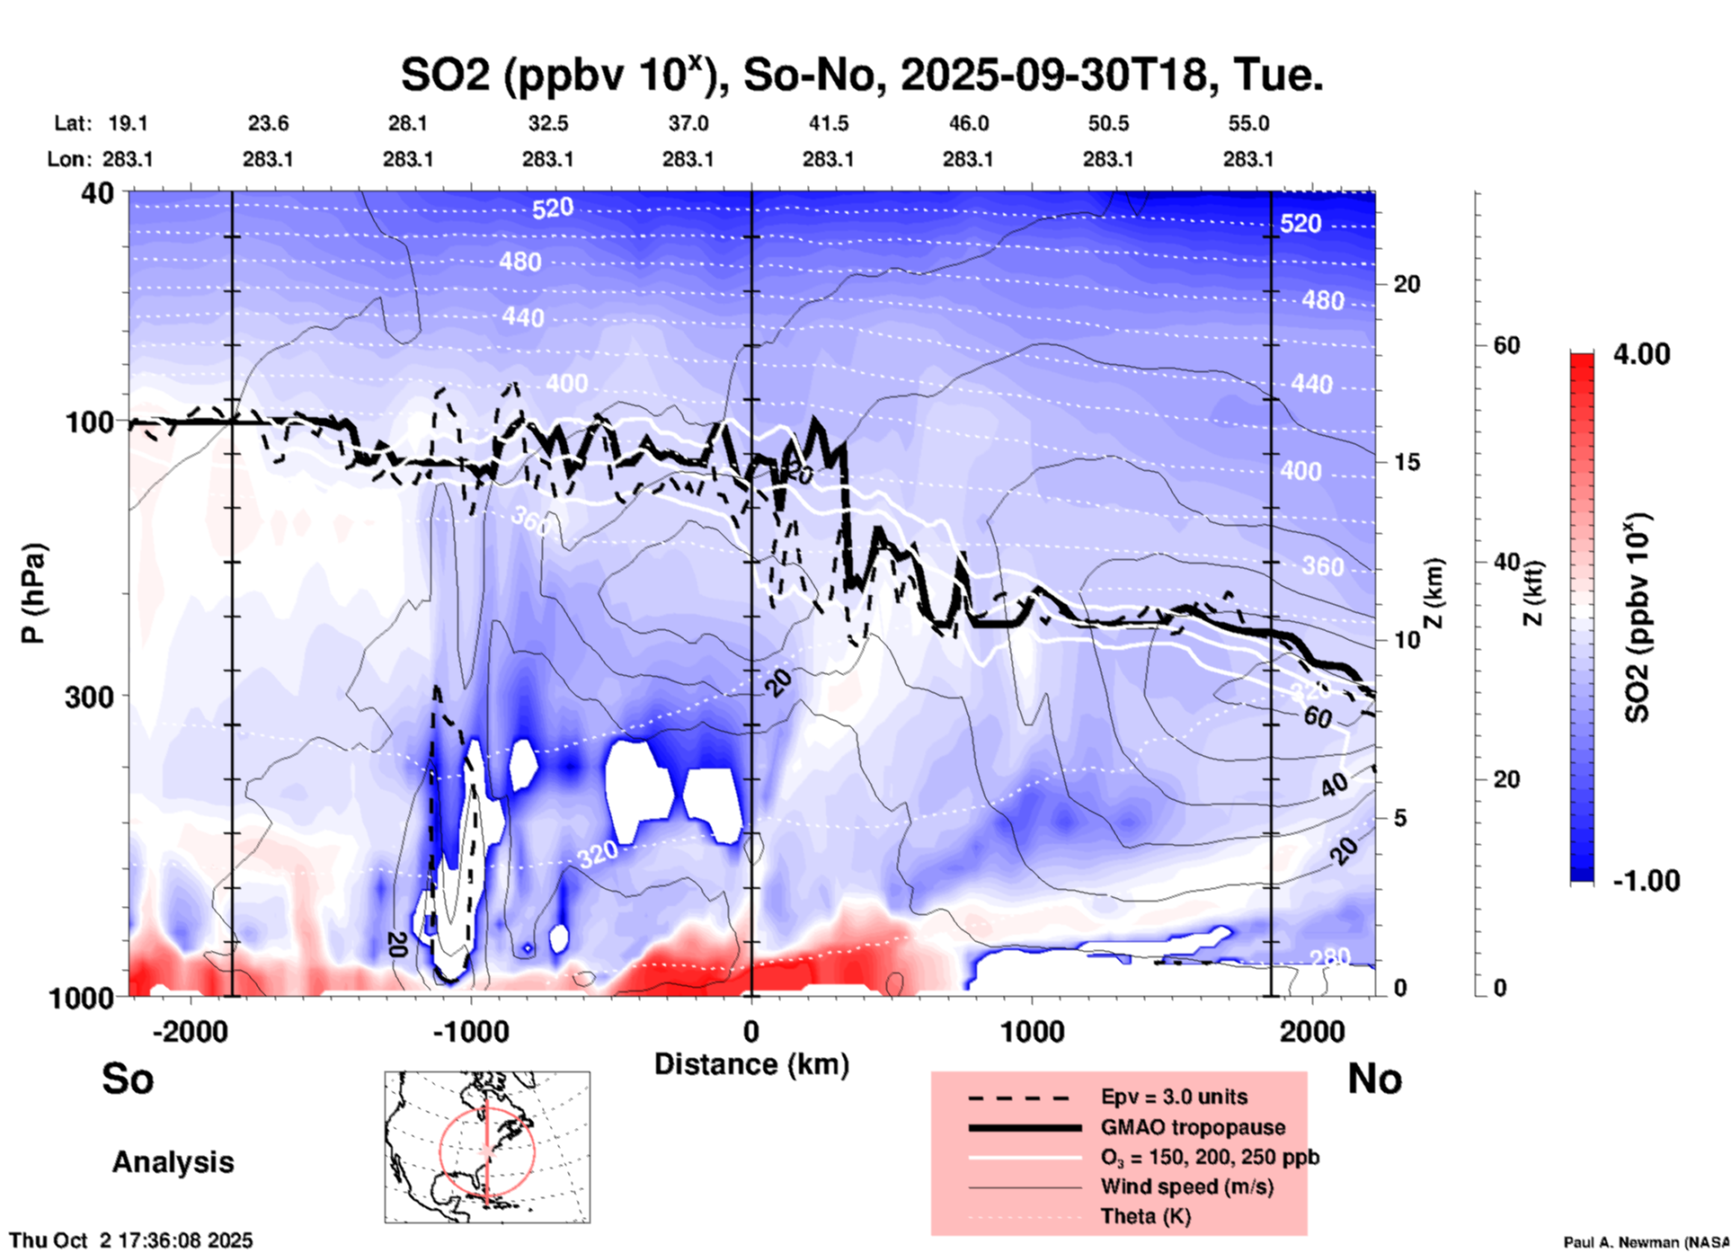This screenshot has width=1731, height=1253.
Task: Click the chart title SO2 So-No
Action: [861, 76]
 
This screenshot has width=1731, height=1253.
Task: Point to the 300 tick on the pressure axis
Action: [89, 697]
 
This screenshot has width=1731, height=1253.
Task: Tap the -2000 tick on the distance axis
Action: [190, 1031]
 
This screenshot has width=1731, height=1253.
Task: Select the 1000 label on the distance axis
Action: [1032, 1031]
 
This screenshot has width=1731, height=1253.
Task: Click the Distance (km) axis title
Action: [751, 1064]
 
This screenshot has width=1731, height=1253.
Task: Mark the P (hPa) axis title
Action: [33, 593]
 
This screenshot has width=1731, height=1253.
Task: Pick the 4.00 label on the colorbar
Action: [1641, 354]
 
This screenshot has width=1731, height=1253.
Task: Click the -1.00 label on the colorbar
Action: [1646, 880]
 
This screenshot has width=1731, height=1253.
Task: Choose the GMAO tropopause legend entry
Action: [1193, 1127]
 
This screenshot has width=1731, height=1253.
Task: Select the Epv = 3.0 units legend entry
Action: [1173, 1097]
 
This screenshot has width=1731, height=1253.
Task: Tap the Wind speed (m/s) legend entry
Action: [1186, 1186]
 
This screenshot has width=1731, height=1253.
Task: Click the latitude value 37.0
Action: [688, 123]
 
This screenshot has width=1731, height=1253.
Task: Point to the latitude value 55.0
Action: [1248, 123]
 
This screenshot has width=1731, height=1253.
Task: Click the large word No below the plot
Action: [1374, 1079]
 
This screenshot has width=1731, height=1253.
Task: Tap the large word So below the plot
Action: [128, 1079]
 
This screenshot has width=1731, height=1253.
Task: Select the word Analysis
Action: [173, 1162]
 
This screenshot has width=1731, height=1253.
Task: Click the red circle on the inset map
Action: [440, 1151]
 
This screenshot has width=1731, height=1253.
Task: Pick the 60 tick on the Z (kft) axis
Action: [1506, 345]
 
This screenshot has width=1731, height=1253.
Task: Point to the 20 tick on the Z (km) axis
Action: [1407, 285]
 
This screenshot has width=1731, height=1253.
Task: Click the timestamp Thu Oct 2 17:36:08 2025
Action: [131, 1240]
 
